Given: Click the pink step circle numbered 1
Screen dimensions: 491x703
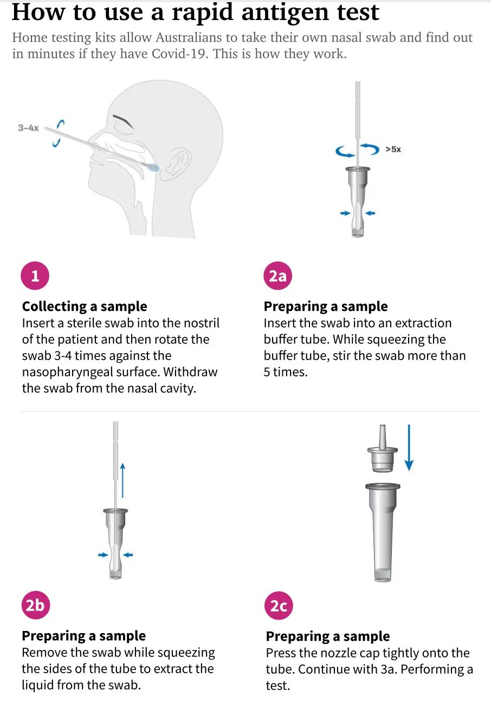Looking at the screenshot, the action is click(35, 276).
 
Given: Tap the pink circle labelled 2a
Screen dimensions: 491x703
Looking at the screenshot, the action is click(278, 276).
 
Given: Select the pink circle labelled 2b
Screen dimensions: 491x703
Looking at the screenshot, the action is click(35, 605).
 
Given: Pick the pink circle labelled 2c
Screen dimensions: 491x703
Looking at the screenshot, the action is click(279, 606).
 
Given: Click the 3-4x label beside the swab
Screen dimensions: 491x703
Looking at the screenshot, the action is click(28, 128).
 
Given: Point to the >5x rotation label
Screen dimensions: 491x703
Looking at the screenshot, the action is click(393, 149).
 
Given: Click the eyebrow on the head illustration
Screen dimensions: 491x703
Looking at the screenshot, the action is click(123, 121).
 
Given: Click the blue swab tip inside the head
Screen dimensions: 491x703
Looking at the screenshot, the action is click(153, 167).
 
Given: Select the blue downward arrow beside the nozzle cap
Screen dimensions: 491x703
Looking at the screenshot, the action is click(409, 447).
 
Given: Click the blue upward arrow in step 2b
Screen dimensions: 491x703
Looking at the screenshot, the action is click(122, 480).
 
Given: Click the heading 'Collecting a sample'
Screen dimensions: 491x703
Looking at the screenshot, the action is click(85, 307).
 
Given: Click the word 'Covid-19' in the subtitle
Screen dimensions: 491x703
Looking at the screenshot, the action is click(179, 54).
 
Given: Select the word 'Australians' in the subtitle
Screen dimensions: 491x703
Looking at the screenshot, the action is click(189, 37).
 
